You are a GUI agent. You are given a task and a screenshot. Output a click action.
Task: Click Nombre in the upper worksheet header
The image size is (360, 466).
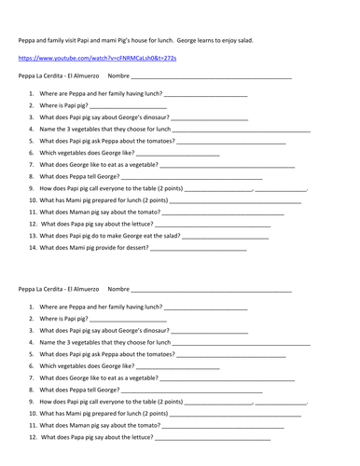(x=118, y=75)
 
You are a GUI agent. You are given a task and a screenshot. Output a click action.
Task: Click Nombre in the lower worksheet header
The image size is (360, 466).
(x=118, y=290)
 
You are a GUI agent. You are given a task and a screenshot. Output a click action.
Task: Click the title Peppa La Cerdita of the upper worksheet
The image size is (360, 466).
(x=38, y=75)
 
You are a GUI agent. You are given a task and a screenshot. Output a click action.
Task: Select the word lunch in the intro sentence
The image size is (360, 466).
(x=172, y=41)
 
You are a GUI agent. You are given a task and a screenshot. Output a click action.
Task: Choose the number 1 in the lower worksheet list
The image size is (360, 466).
(x=33, y=307)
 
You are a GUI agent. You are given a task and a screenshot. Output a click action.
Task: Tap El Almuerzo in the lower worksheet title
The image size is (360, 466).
(x=80, y=290)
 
